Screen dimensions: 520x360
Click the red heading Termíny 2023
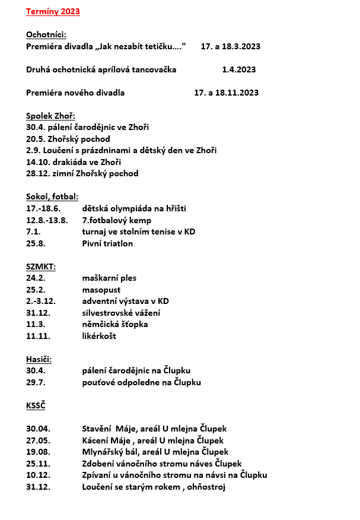pos(53,11)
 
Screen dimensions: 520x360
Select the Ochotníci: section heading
pos(46,34)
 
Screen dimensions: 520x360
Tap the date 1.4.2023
pos(239,69)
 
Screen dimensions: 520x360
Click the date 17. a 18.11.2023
pos(226,93)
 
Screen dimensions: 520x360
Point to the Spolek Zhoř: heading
pos(51,116)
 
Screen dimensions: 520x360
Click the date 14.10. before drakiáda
pos(38,162)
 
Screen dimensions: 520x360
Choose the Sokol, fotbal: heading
pos(52,196)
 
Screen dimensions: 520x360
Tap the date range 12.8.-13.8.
pos(47,220)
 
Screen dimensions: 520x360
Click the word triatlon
pos(119,243)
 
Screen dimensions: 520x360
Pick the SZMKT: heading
pos(41,267)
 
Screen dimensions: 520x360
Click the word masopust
pos(101,290)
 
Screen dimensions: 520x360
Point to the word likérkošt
pos(99,336)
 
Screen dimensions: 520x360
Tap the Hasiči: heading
pos(39,359)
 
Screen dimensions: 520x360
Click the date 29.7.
pos(36,382)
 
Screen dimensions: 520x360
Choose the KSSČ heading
pos(36,405)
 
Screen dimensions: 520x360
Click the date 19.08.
pos(38,452)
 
